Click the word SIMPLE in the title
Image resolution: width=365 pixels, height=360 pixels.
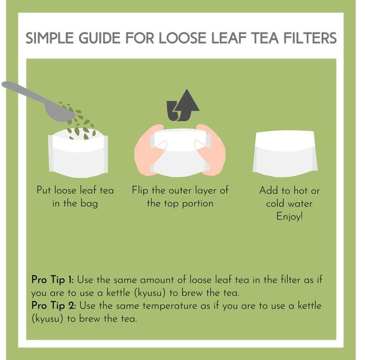click(47, 38)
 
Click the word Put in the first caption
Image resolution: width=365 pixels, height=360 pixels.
click(45, 190)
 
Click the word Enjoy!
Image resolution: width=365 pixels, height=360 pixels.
click(289, 216)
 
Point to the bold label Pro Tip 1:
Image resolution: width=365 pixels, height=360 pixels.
click(52, 279)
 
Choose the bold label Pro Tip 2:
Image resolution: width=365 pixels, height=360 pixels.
click(52, 305)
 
